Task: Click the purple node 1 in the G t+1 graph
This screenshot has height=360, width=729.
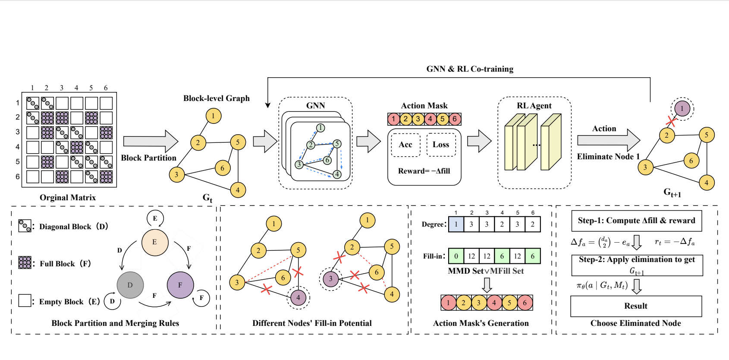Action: (x=682, y=108)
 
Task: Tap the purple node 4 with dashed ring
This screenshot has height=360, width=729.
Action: (x=298, y=297)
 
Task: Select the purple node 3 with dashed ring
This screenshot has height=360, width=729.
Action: (x=330, y=278)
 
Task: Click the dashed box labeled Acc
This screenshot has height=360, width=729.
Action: (x=405, y=145)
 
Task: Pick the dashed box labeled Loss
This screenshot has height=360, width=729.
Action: (x=441, y=145)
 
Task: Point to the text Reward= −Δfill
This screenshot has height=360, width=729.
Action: (x=424, y=171)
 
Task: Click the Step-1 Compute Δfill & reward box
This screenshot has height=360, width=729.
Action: (x=636, y=221)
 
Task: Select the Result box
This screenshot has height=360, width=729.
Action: (x=636, y=306)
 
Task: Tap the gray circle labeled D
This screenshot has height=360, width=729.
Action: (x=130, y=285)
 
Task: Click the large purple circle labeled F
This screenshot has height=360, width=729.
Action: (x=180, y=285)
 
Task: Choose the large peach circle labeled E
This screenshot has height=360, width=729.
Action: (x=154, y=242)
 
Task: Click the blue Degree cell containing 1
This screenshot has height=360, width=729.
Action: (x=456, y=224)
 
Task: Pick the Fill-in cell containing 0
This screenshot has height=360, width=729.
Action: (x=456, y=256)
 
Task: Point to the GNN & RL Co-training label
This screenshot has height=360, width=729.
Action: (x=470, y=69)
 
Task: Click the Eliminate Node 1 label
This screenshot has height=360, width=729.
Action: (x=608, y=157)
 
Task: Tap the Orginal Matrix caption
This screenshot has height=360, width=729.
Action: (x=68, y=198)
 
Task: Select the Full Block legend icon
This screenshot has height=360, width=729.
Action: (x=25, y=262)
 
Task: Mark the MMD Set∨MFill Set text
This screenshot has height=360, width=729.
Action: (x=486, y=271)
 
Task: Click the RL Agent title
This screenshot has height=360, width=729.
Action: (x=534, y=106)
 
